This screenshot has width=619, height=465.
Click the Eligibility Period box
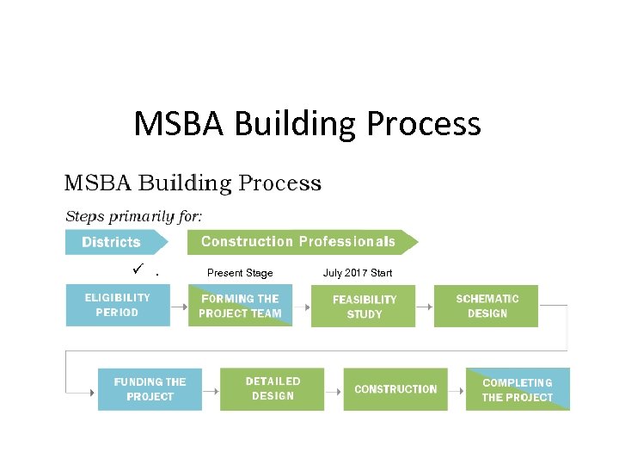click(x=118, y=306)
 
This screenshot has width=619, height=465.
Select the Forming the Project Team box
click(x=240, y=306)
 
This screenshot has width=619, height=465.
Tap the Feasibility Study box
click(x=364, y=307)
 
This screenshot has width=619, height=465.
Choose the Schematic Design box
click(x=487, y=306)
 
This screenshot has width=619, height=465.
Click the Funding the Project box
click(x=150, y=389)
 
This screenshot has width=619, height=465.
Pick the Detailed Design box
click(x=273, y=389)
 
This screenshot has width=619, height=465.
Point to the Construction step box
click(x=395, y=389)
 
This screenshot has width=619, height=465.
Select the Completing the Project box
click(x=518, y=389)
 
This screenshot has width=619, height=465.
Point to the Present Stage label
click(x=240, y=273)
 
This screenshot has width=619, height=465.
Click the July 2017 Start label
click(x=358, y=273)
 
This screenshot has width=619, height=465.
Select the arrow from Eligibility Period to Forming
click(x=179, y=307)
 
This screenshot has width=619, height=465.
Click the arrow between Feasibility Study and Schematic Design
click(x=424, y=307)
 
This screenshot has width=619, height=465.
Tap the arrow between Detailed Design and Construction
click(x=334, y=390)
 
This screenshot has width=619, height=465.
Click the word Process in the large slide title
click(x=423, y=124)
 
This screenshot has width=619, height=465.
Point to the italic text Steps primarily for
click(x=134, y=215)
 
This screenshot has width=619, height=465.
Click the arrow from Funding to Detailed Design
click(x=211, y=390)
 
